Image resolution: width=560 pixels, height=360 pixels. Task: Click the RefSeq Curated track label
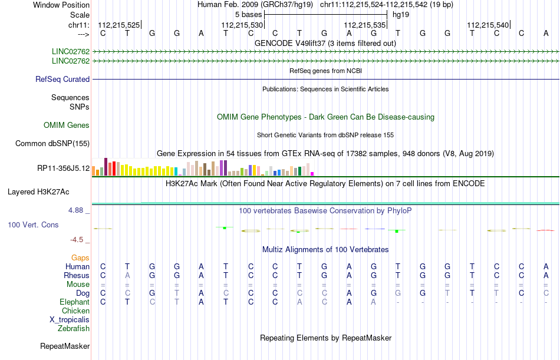(62, 80)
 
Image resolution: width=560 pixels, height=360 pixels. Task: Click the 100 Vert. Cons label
(33, 225)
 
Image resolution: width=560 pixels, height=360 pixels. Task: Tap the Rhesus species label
(77, 276)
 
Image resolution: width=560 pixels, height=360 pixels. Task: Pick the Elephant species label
(75, 302)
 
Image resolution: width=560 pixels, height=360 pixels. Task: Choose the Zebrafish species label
(74, 329)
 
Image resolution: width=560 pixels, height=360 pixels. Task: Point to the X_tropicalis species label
(70, 320)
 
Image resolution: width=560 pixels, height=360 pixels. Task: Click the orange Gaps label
(80, 258)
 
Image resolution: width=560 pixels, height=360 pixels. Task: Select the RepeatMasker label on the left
(64, 346)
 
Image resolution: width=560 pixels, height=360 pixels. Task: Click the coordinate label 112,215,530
(242, 25)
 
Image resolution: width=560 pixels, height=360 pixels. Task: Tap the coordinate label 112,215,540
(487, 25)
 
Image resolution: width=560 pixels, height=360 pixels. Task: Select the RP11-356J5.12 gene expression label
(63, 169)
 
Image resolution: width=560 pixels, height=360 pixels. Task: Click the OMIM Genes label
(67, 125)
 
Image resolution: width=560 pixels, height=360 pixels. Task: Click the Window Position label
(61, 5)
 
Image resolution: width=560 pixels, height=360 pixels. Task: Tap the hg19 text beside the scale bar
(401, 14)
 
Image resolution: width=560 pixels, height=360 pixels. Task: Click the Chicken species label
(76, 311)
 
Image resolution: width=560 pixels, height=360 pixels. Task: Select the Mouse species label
(78, 285)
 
